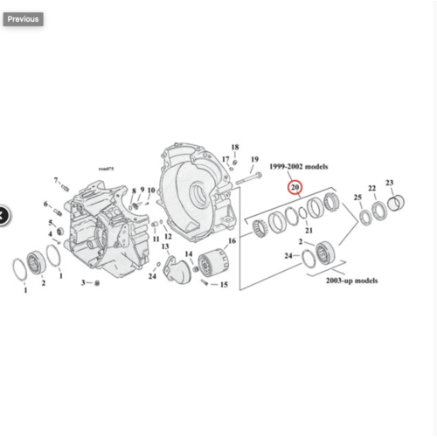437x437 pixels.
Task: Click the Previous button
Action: [x=23, y=18]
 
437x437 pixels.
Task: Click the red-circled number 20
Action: [x=295, y=187]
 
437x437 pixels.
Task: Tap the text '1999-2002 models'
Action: [x=297, y=165]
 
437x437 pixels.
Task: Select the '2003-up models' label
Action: [x=352, y=281]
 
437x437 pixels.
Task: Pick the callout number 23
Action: [x=390, y=184]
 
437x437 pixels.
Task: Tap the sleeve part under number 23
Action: [x=395, y=205]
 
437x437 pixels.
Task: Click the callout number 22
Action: [x=371, y=189]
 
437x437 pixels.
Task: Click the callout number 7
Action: [x=56, y=180]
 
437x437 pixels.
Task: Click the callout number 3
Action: [x=84, y=284]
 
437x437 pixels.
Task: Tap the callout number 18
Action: [x=234, y=147]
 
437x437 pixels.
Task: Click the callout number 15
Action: [x=224, y=285]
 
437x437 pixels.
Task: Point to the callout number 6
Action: [x=46, y=205]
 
